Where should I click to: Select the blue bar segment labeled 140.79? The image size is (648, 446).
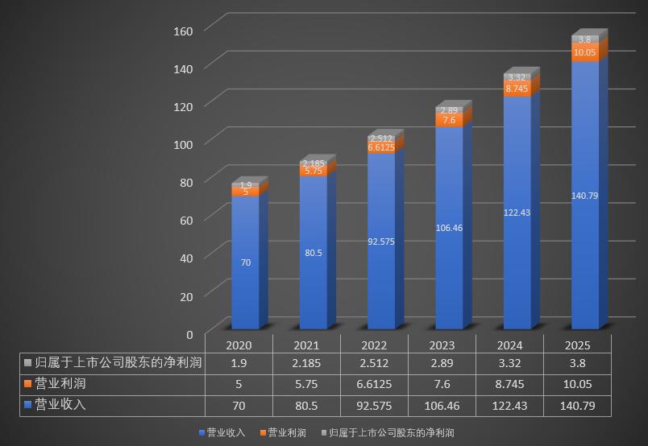point(585,242)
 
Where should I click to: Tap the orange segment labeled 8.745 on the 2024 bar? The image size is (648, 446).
point(517,89)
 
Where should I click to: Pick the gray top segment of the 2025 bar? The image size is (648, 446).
point(585,39)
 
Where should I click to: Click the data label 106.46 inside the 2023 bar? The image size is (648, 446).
point(449,228)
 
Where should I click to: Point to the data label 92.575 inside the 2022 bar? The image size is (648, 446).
point(381,242)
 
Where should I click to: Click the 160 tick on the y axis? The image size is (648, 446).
point(183,31)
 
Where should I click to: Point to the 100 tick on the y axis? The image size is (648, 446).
point(183,144)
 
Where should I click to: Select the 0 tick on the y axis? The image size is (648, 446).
point(189,334)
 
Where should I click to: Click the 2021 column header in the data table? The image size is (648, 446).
point(306,345)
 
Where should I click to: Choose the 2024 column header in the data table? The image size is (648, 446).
point(509,345)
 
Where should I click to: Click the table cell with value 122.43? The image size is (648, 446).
point(509,406)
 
